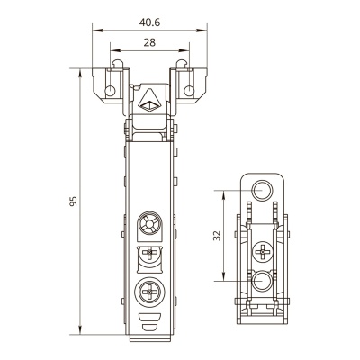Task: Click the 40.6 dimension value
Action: click(149, 22)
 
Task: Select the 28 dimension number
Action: click(149, 43)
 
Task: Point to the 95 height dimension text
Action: click(74, 202)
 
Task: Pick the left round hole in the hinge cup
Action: click(110, 91)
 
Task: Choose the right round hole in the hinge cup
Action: click(189, 91)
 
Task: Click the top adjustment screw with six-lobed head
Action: click(149, 224)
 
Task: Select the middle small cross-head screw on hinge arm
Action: click(149, 254)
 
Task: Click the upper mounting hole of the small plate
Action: click(262, 191)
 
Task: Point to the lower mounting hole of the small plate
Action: click(262, 281)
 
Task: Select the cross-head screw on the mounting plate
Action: click(263, 252)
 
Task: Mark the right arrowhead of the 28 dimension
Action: click(184, 50)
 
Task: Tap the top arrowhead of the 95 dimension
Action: click(80, 74)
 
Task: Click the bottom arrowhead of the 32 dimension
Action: click(223, 275)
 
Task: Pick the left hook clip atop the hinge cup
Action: click(118, 64)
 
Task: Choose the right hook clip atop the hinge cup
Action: click(182, 64)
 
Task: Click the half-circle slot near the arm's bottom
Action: click(149, 328)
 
